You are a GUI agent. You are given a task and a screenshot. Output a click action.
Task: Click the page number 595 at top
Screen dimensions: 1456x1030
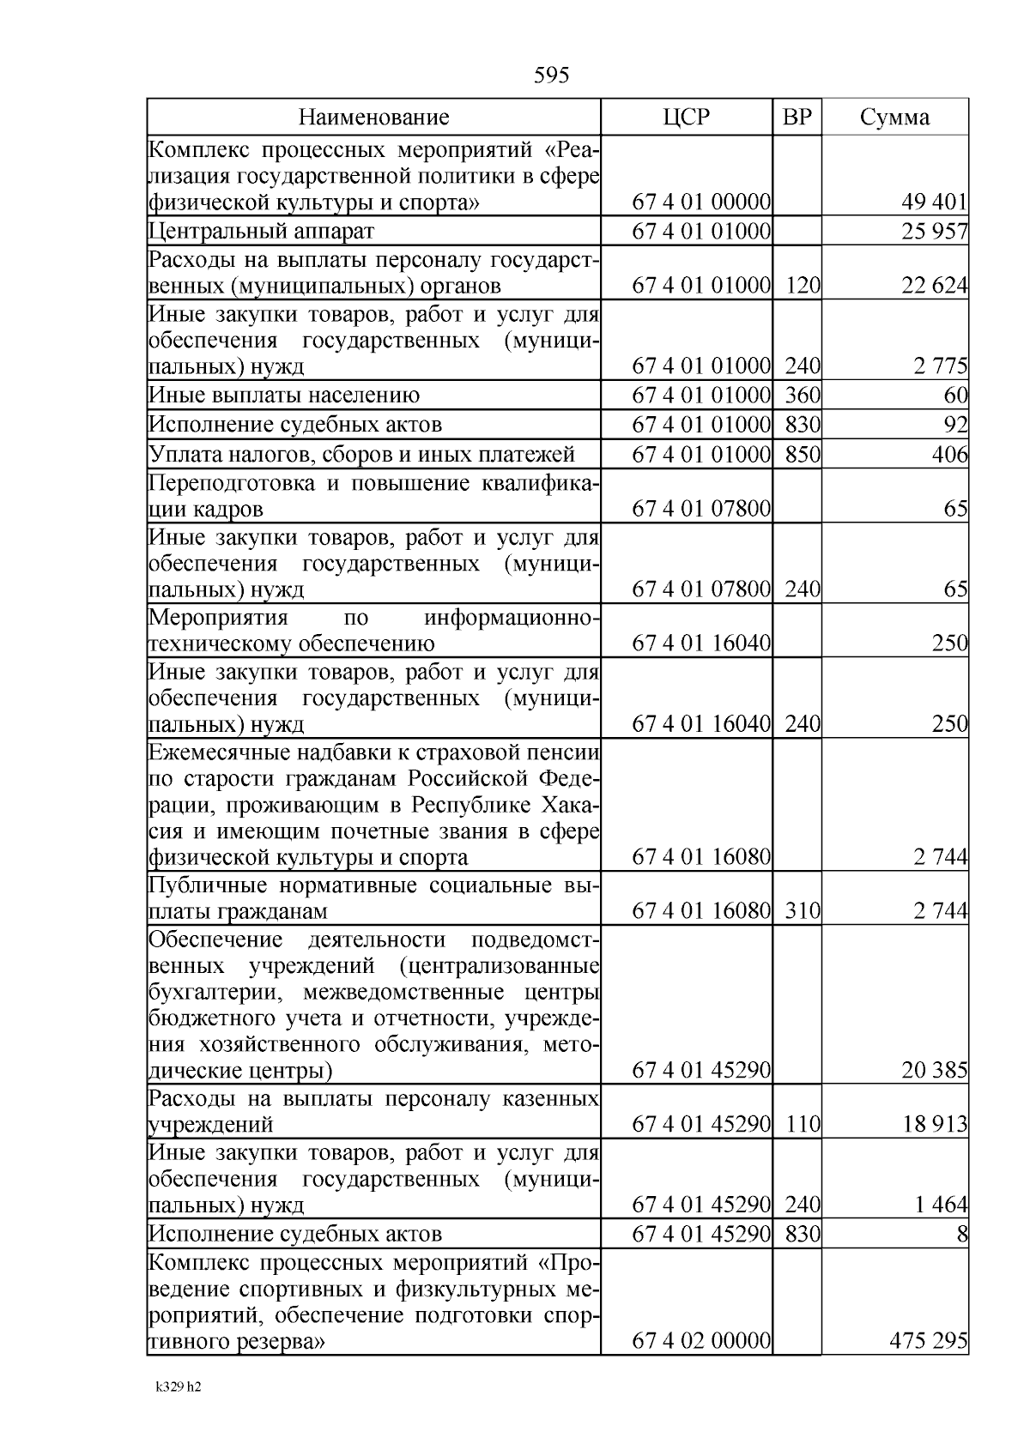[551, 76]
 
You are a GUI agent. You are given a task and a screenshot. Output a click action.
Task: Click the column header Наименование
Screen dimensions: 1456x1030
[373, 118]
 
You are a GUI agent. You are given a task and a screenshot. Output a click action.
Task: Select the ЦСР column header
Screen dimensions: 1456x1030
[687, 118]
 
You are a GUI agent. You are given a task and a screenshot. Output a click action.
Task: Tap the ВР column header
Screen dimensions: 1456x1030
[797, 118]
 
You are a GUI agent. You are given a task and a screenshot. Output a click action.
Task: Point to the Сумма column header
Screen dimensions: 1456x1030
[894, 118]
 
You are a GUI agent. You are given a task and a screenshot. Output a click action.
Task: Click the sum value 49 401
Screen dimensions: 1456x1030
[934, 203]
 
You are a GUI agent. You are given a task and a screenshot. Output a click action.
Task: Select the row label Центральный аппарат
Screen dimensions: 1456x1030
[262, 231]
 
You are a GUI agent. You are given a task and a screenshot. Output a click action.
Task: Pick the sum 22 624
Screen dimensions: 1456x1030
[934, 286]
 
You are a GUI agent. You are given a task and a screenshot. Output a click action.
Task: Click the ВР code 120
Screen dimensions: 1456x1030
[803, 286]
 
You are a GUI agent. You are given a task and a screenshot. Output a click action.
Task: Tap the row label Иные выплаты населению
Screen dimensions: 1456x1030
[284, 396]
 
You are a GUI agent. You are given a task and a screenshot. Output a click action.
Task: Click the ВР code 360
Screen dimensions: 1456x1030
[803, 396]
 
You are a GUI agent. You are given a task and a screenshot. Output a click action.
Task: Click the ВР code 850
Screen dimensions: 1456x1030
[803, 455]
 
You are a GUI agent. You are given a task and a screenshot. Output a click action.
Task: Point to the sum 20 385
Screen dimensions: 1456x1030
[934, 1071]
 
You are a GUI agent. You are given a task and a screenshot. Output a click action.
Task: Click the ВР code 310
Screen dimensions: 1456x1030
[803, 911]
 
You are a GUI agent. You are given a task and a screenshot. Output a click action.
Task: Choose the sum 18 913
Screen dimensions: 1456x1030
[934, 1125]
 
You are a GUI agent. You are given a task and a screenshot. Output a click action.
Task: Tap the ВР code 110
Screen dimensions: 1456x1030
[803, 1125]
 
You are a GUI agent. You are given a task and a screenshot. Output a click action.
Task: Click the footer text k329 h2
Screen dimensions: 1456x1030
[178, 1387]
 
